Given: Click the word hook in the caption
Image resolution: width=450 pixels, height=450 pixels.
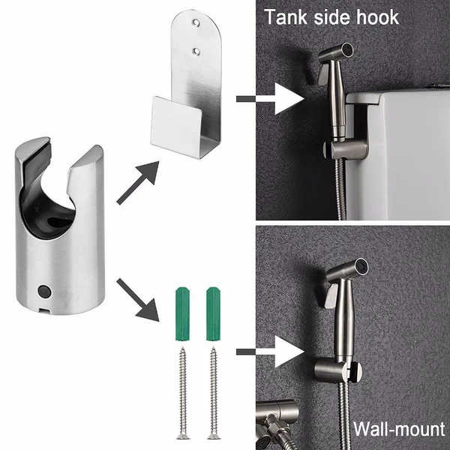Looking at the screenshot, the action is (x=378, y=17).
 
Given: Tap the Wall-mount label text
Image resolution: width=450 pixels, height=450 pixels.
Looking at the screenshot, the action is (x=399, y=429).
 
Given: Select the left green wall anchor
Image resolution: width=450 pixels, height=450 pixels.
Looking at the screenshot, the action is (x=182, y=313).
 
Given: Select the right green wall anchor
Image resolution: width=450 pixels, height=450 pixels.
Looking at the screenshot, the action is (x=214, y=313).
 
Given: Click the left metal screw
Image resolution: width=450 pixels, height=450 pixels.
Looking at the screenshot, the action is (x=183, y=392).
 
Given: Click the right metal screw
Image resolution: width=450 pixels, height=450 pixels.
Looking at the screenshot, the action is (x=214, y=392).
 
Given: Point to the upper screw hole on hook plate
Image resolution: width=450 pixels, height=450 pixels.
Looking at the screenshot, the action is (x=196, y=22).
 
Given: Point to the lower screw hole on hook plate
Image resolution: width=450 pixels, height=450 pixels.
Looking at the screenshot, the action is (x=196, y=51).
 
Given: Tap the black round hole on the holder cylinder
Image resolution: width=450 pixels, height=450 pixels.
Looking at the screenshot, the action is (x=44, y=291).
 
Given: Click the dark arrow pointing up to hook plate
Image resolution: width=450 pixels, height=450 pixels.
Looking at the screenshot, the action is (x=138, y=183).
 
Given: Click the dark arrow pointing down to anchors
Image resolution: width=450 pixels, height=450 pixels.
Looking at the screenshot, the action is (x=138, y=299).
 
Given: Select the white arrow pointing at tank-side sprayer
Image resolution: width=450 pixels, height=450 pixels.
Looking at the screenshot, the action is (x=270, y=99).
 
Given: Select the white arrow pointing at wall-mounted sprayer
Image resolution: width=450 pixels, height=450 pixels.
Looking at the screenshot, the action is (x=270, y=352).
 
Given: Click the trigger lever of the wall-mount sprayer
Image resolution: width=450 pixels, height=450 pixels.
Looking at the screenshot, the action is (x=331, y=295).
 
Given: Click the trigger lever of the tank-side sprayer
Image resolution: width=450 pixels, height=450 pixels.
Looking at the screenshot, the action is (x=323, y=74).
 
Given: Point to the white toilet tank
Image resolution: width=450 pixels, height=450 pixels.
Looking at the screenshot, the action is (x=398, y=155).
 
